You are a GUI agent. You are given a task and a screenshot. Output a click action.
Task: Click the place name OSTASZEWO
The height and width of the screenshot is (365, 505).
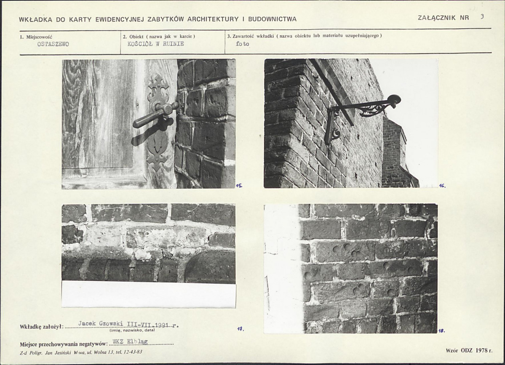point(53,45)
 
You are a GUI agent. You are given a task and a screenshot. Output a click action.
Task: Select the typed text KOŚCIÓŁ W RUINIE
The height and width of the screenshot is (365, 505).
point(155,44)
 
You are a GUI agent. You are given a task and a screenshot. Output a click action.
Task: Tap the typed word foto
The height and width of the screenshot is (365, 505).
point(242,44)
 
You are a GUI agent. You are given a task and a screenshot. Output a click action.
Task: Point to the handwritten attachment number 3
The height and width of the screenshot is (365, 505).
point(482,17)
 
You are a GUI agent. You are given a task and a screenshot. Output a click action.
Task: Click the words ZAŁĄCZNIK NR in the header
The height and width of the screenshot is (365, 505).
point(443,18)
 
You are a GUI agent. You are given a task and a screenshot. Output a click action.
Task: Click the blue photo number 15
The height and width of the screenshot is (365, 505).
point(239,185)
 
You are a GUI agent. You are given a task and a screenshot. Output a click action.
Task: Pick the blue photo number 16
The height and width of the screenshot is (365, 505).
point(442,185)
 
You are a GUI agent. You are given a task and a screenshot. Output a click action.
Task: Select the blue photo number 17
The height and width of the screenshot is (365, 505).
point(240,329)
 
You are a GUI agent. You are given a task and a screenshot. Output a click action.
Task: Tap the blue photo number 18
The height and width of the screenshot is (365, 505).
point(441,330)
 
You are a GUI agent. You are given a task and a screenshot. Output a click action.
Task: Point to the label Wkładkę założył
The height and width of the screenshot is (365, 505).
point(42,327)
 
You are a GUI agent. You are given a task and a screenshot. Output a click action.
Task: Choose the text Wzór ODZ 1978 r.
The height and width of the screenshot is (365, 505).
point(469,351)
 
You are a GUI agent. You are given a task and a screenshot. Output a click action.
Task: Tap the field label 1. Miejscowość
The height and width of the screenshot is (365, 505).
point(36,37)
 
